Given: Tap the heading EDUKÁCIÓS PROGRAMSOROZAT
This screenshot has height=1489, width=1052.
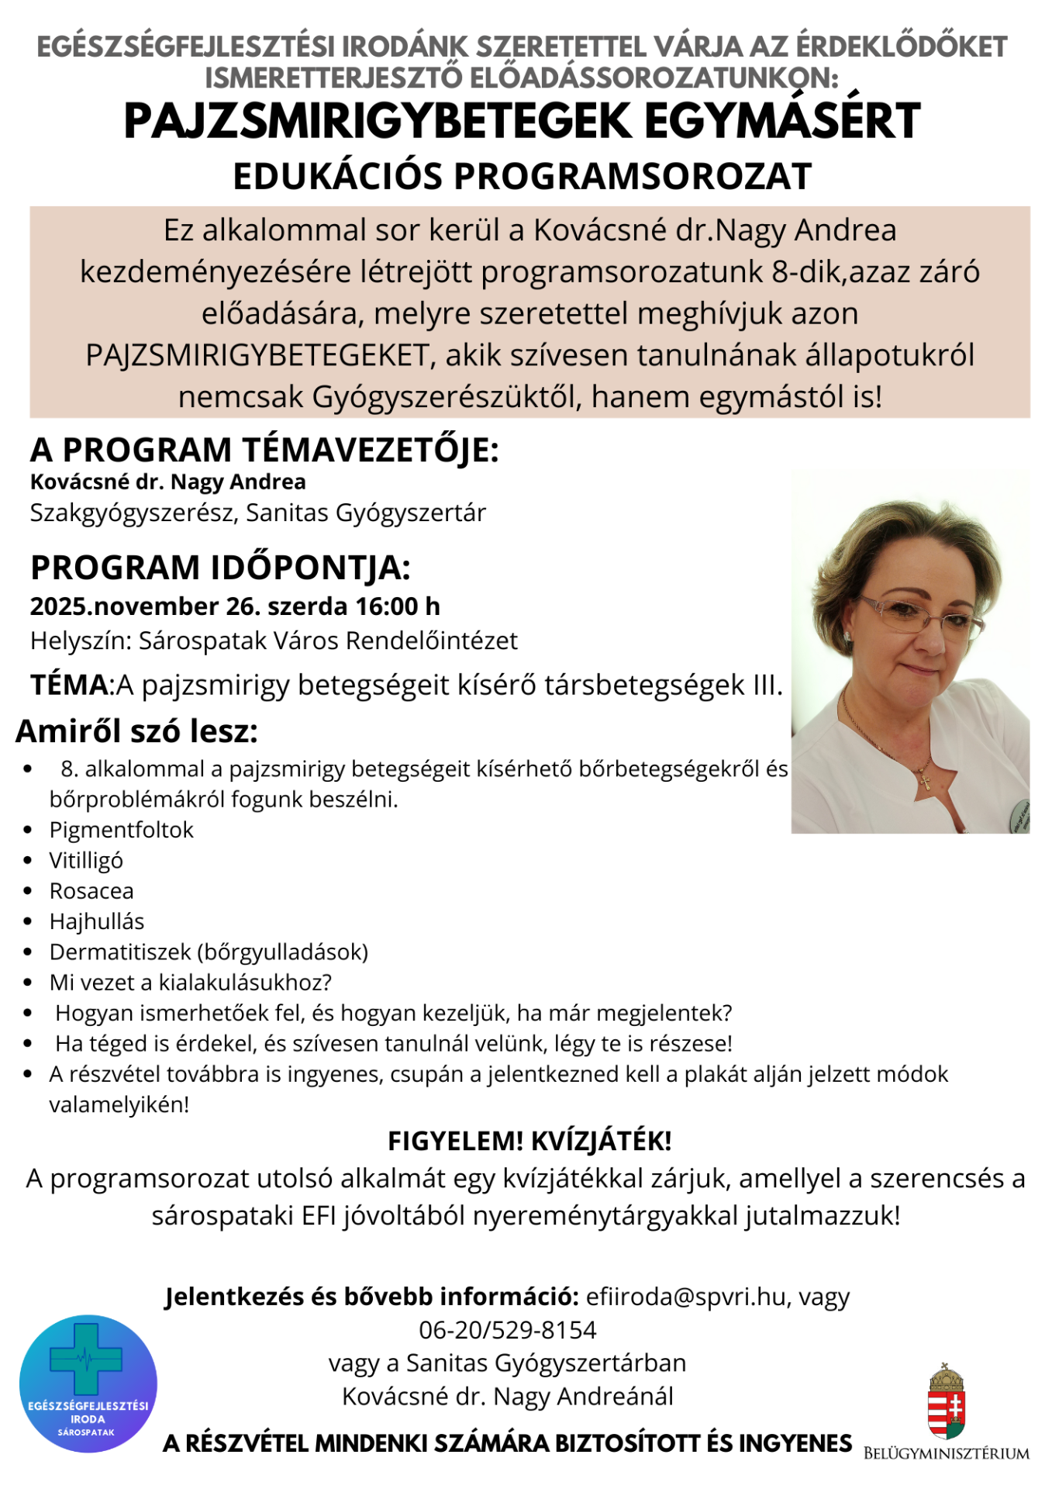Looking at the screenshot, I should (x=522, y=177).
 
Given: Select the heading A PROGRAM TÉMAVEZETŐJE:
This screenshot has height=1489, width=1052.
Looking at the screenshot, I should (x=264, y=450).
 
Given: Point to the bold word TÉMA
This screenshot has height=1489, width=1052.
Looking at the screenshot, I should (x=69, y=686).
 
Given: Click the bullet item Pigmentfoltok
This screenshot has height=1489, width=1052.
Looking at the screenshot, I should (x=121, y=830).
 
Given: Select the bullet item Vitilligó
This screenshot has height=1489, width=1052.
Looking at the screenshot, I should (x=86, y=861).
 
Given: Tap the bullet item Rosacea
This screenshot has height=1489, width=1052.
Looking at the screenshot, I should (x=91, y=891).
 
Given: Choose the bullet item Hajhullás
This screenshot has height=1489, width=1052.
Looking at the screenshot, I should (x=97, y=922).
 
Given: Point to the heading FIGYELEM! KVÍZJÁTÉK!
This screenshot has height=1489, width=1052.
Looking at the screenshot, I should (x=529, y=1142).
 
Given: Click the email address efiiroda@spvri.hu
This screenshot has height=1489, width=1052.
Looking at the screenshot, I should (x=686, y=1297).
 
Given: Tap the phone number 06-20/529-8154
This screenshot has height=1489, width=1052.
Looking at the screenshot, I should (x=508, y=1330).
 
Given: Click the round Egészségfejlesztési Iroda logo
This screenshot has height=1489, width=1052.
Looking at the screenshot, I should (x=88, y=1384).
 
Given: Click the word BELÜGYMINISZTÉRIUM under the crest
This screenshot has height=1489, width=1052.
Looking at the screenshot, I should (x=946, y=1453).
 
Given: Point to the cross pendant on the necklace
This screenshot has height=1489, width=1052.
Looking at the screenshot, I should (x=924, y=779).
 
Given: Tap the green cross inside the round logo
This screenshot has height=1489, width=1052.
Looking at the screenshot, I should (x=86, y=1358).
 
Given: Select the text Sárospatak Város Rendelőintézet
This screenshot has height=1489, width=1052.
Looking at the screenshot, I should (x=328, y=641).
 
